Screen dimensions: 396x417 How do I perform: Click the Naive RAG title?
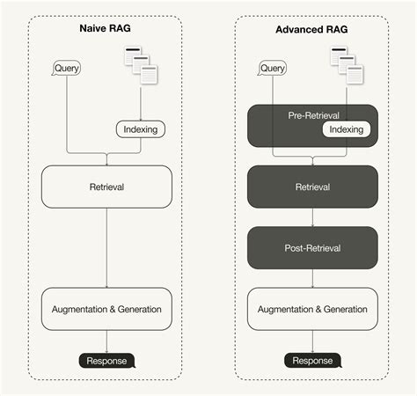click(106, 33)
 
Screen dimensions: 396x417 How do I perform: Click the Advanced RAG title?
click(311, 33)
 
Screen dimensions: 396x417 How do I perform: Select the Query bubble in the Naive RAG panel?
click(66, 68)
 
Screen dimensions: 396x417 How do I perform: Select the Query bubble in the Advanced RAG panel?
click(273, 68)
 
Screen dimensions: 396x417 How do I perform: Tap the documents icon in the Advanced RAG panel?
click(345, 65)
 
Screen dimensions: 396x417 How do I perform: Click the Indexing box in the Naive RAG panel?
click(140, 129)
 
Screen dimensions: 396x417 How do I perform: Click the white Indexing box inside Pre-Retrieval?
click(346, 129)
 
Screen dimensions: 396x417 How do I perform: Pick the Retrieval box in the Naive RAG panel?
click(106, 187)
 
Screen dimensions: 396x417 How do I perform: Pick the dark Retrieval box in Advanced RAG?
click(312, 187)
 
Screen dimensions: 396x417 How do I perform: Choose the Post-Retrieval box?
click(312, 248)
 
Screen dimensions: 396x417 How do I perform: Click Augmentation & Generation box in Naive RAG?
click(106, 309)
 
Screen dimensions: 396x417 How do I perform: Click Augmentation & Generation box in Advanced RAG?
click(312, 309)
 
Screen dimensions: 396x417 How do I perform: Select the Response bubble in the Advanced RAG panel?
click(313, 360)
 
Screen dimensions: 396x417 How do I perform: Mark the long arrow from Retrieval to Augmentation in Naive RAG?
click(106, 246)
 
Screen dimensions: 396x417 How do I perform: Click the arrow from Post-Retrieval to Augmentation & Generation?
click(312, 278)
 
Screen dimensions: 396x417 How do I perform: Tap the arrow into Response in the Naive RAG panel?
click(106, 341)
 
